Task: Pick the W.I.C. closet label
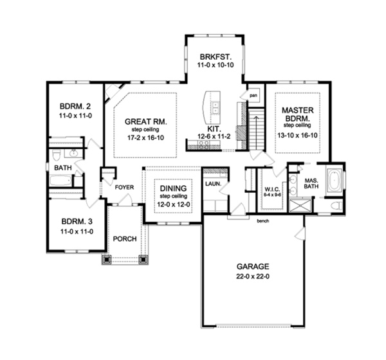tap(271, 188)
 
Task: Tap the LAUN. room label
tap(212, 183)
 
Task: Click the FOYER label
tap(124, 188)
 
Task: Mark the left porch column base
tap(106, 260)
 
